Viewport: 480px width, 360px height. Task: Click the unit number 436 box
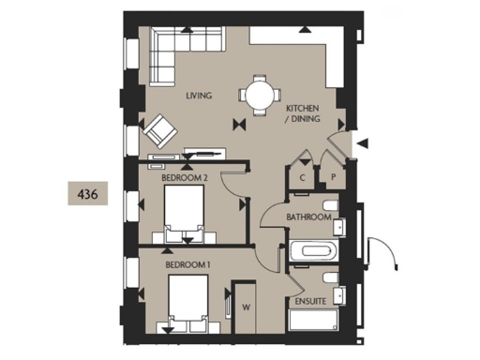point(91,194)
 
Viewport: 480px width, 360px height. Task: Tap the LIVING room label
point(198,96)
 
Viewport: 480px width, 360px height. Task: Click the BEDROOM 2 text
point(184,176)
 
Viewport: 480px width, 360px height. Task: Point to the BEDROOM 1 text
point(187,265)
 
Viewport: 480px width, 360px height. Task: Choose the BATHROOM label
point(308,217)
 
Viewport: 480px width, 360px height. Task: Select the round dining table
point(257,94)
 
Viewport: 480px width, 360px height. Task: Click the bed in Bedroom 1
point(187,306)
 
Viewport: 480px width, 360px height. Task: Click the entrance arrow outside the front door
point(365,142)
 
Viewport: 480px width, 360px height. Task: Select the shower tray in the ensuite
point(315,322)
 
